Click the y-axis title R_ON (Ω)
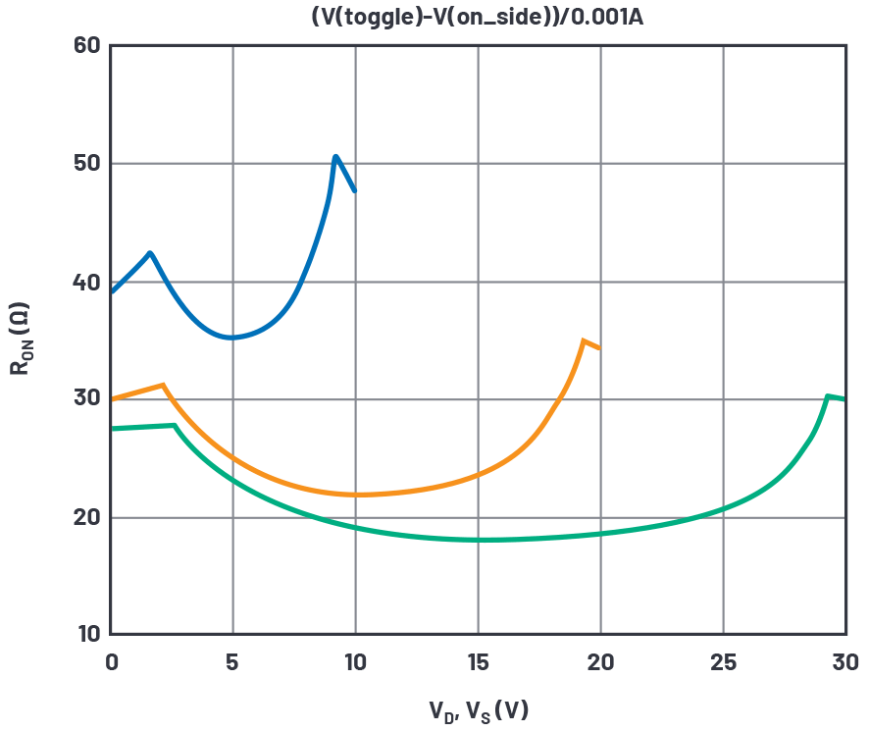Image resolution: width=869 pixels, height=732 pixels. [21, 340]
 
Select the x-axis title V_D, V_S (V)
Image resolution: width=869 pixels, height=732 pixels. [478, 709]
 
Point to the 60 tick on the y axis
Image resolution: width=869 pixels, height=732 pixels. [87, 45]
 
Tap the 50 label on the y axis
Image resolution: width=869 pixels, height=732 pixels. [87, 163]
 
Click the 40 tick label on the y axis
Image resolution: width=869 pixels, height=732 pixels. [87, 282]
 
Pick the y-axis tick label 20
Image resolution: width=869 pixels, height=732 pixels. [87, 517]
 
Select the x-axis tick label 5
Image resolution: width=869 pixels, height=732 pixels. [232, 662]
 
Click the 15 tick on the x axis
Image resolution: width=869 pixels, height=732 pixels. [478, 662]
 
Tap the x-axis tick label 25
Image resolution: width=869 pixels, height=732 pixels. [723, 662]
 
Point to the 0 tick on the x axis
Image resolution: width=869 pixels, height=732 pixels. [111, 662]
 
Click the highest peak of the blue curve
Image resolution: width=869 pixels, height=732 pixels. [335, 156]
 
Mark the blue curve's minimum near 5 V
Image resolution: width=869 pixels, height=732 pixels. [231, 338]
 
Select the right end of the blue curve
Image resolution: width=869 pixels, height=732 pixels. [355, 190]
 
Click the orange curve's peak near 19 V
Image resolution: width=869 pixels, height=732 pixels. [584, 340]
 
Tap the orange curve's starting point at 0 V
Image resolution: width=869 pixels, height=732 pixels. [112, 399]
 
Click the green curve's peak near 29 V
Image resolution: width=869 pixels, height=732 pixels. [828, 395]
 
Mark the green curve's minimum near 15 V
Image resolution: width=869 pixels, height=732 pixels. [481, 540]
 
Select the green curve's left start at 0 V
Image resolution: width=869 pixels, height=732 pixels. [112, 429]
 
